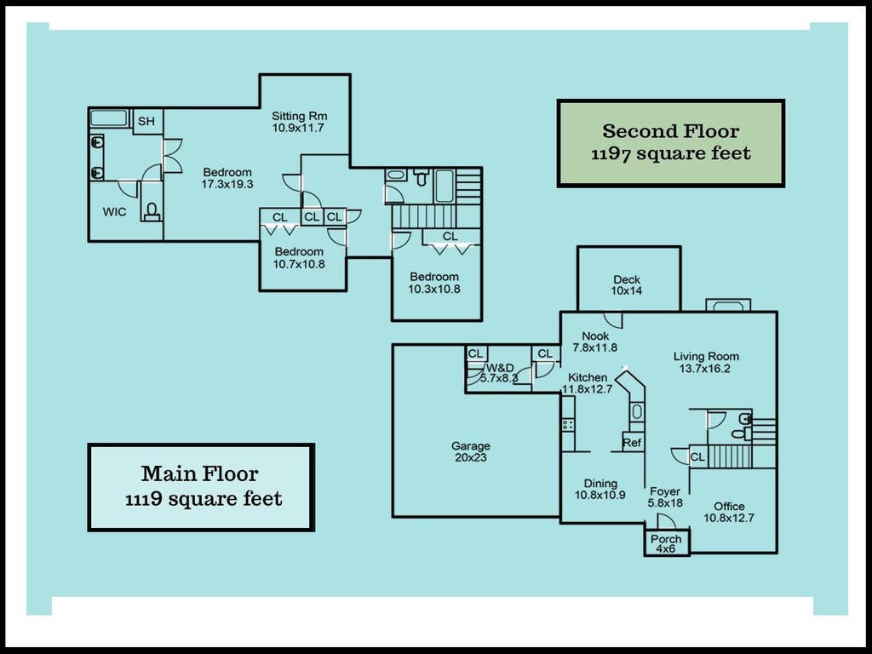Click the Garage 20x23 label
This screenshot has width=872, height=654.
470,451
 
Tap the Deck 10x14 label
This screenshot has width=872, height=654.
627,284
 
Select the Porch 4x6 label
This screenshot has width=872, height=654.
666,543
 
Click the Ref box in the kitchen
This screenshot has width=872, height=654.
633,443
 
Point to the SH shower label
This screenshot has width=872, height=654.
146,121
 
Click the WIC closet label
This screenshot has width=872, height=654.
114,212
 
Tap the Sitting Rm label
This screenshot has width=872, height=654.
299,116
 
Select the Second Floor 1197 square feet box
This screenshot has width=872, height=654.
671,143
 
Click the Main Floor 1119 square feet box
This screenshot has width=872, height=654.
201,487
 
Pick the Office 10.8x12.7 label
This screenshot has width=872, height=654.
729,512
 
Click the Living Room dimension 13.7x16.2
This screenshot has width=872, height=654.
704,368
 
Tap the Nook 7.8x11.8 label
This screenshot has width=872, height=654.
595,341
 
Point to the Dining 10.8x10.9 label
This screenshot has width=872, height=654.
600,489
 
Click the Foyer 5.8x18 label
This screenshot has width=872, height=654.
665,497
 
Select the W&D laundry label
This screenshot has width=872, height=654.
500,368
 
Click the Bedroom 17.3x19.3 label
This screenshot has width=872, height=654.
227,178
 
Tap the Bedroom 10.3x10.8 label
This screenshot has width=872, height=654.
433,283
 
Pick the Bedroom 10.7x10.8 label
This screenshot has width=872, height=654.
299,257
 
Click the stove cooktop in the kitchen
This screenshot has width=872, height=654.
568,425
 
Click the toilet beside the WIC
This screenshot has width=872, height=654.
152,212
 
